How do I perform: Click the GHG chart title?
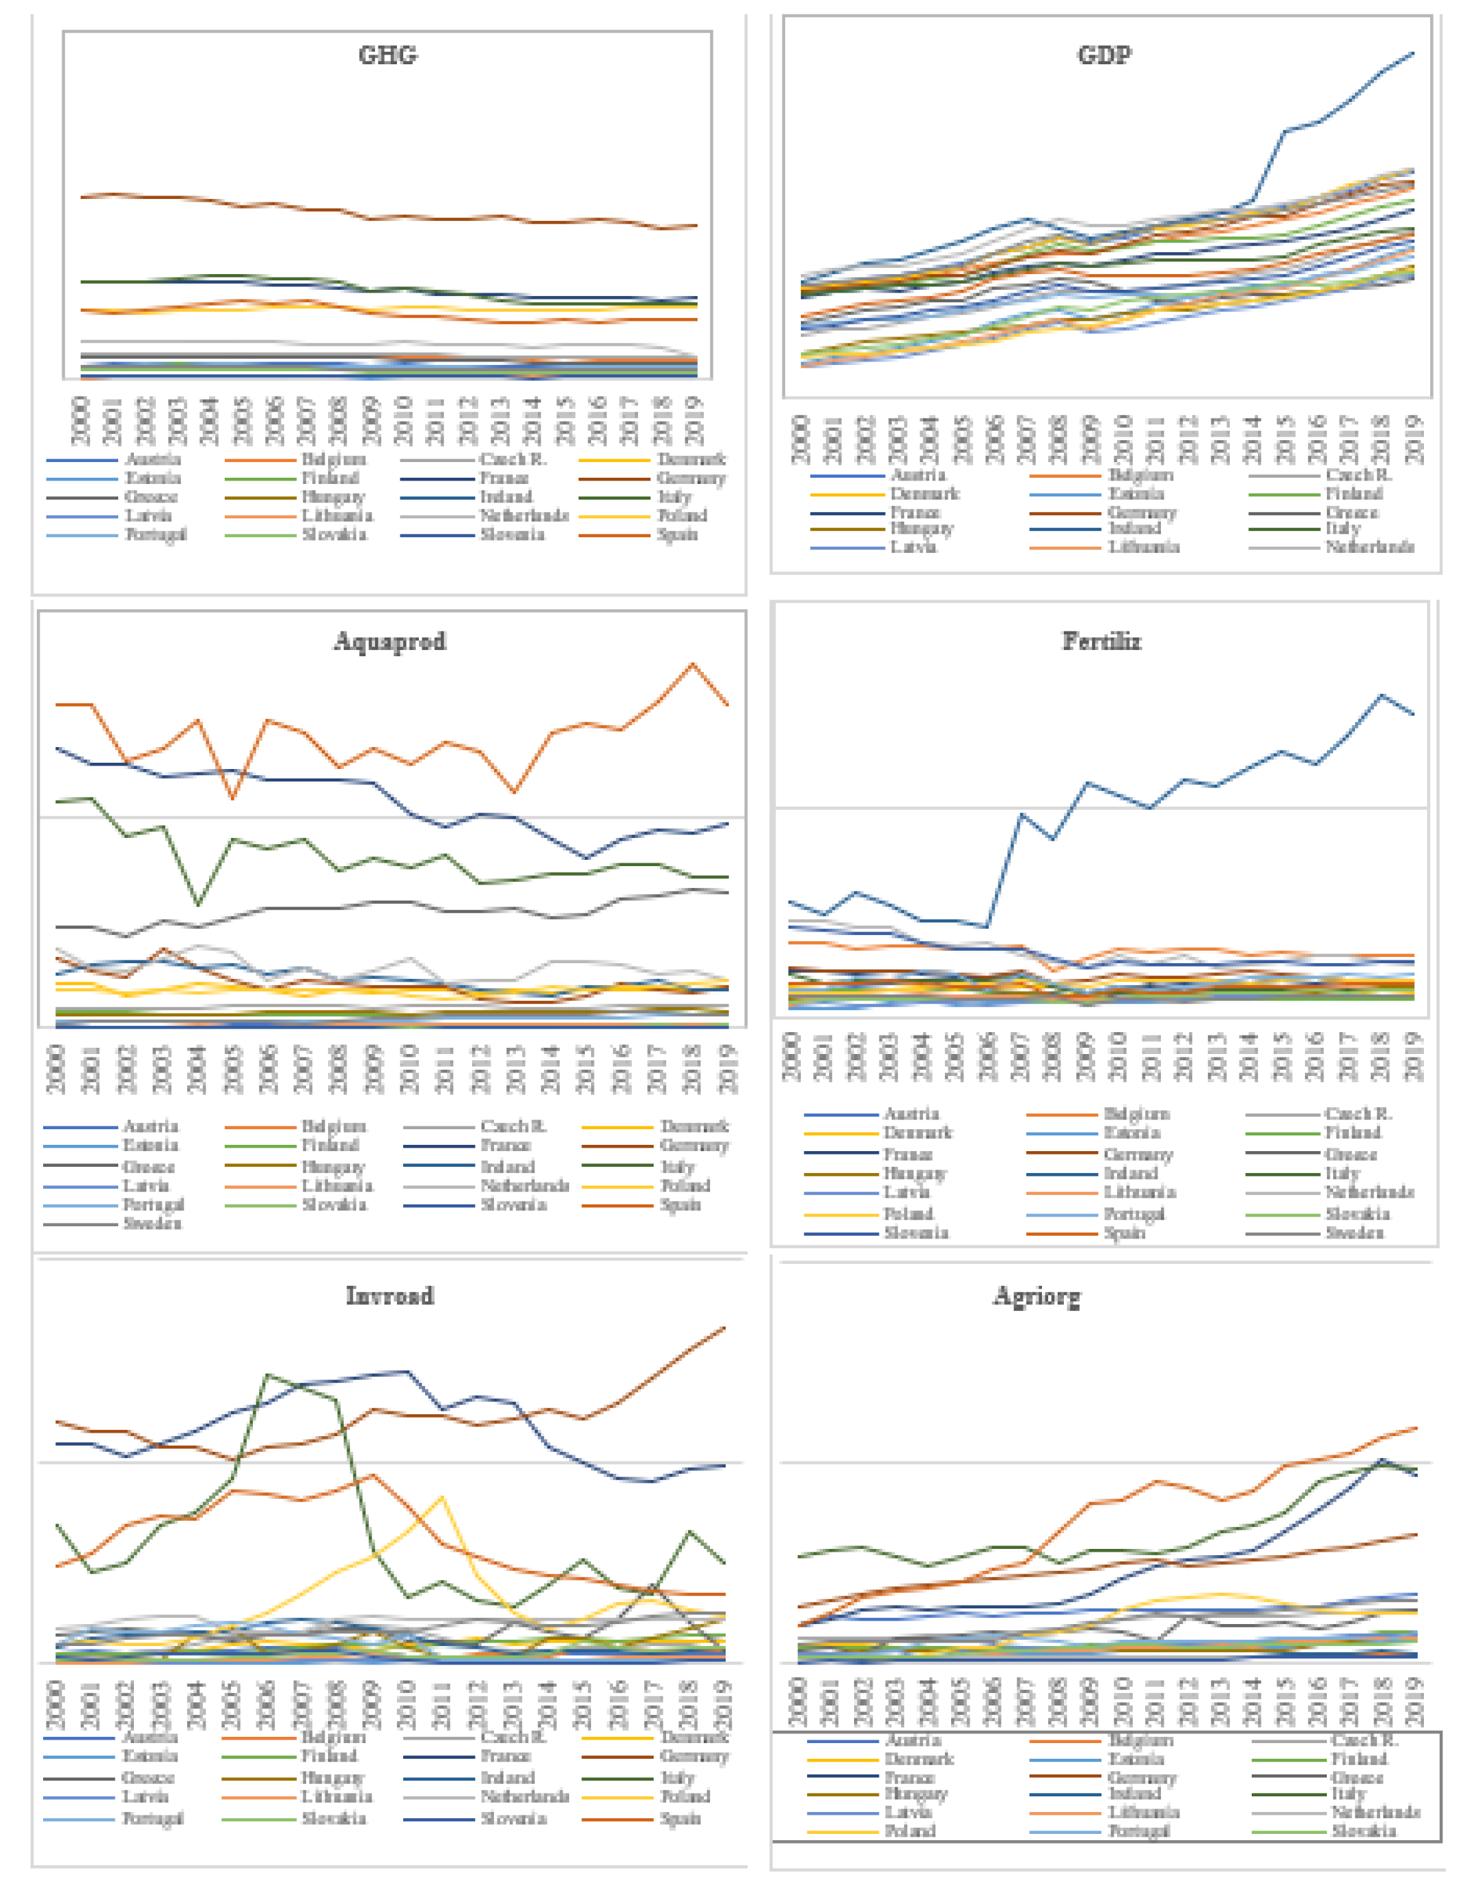[387, 55]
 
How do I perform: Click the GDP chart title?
[1104, 55]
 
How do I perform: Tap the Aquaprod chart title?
[390, 642]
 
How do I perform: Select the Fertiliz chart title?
[1101, 642]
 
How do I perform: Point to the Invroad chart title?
[390, 1296]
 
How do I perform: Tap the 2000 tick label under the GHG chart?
[80, 420]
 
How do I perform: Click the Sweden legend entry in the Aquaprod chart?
[152, 1224]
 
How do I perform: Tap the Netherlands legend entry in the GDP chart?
[1369, 546]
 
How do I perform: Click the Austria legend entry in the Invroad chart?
[150, 1737]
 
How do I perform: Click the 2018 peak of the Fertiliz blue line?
[1381, 695]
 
